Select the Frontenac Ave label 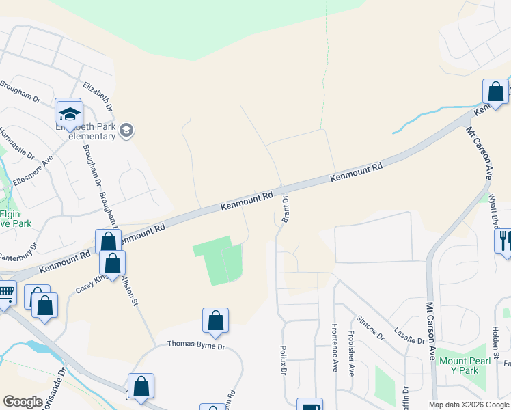point(335,348)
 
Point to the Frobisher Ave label point(350,354)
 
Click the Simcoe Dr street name point(369,328)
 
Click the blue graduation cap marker point(70,113)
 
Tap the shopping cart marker point(5,295)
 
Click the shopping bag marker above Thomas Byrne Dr point(215,320)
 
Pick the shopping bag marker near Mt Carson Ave point(495,92)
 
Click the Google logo point(23,402)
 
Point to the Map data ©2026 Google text point(468,405)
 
